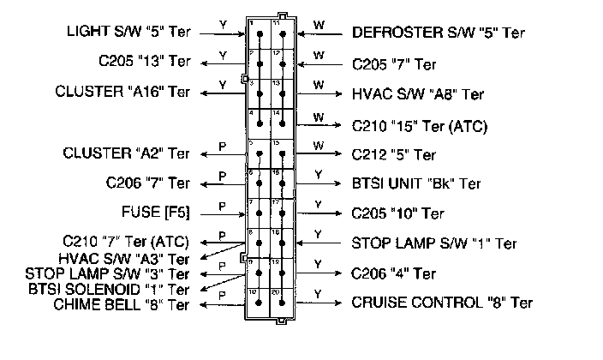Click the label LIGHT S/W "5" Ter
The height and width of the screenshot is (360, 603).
pos(128,33)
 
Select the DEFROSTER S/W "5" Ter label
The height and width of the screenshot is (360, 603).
pos(439,33)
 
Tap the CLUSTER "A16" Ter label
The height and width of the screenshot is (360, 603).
pos(122,91)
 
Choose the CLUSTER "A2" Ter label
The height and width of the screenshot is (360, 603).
pos(127,154)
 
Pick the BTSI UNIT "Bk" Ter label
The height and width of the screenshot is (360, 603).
pos(416,183)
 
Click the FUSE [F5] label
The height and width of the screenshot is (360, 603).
pos(156,212)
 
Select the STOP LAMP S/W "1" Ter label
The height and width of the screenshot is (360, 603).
pos(434,243)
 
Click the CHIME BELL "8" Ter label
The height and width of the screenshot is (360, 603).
pos(121,303)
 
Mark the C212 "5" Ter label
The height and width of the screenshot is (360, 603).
pos(394,155)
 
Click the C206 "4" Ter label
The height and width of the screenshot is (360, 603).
pos(394,274)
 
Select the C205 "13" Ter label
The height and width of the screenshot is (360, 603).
pos(144,62)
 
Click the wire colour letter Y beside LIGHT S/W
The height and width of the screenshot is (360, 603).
pos(222,25)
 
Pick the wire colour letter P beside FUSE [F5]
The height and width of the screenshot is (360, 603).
pos(221,206)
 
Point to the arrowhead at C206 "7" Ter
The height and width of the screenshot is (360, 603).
pos(202,183)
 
